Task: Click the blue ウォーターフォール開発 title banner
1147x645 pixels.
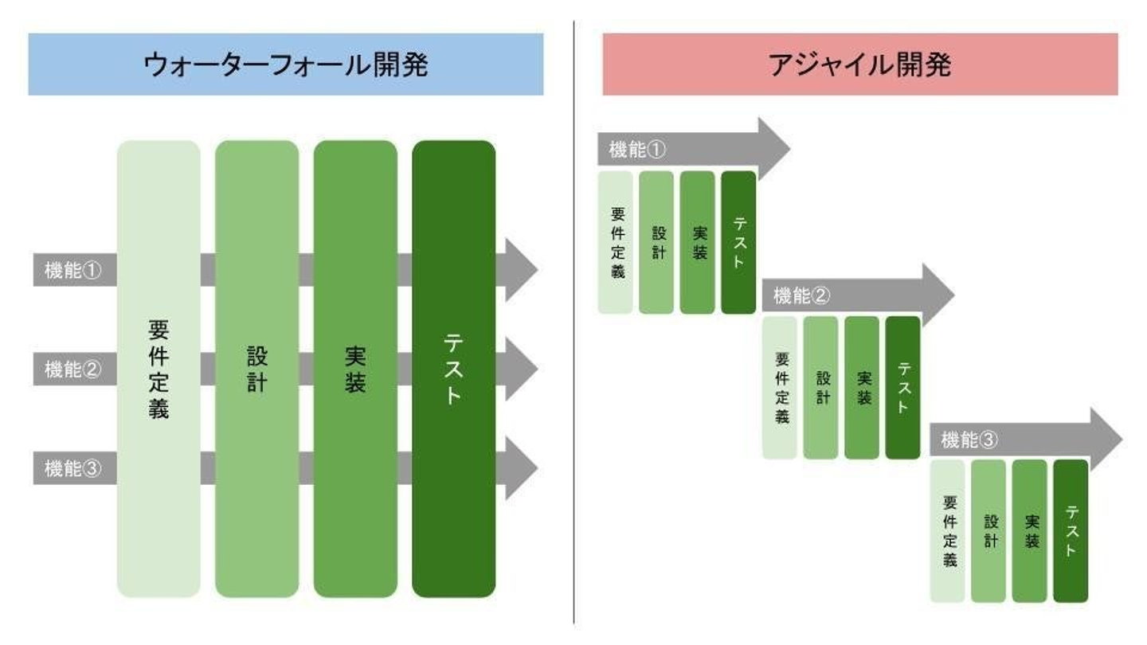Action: click(x=285, y=64)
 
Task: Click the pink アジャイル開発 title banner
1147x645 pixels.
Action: click(x=859, y=64)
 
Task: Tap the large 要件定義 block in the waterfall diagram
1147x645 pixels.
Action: click(x=159, y=369)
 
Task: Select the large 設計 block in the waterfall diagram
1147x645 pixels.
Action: click(x=256, y=369)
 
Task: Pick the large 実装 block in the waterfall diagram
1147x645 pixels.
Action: click(x=355, y=369)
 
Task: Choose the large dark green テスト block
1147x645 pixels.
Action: click(x=453, y=369)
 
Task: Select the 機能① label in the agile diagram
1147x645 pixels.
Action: click(x=637, y=149)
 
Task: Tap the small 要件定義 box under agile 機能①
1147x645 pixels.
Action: click(x=616, y=242)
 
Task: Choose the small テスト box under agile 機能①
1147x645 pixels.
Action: click(x=738, y=242)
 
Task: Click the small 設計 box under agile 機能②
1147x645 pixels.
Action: click(x=820, y=388)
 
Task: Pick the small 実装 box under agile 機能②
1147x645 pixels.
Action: click(x=862, y=388)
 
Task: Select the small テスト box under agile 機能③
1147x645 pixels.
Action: click(x=1071, y=531)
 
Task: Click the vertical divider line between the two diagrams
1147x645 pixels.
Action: click(x=573, y=319)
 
